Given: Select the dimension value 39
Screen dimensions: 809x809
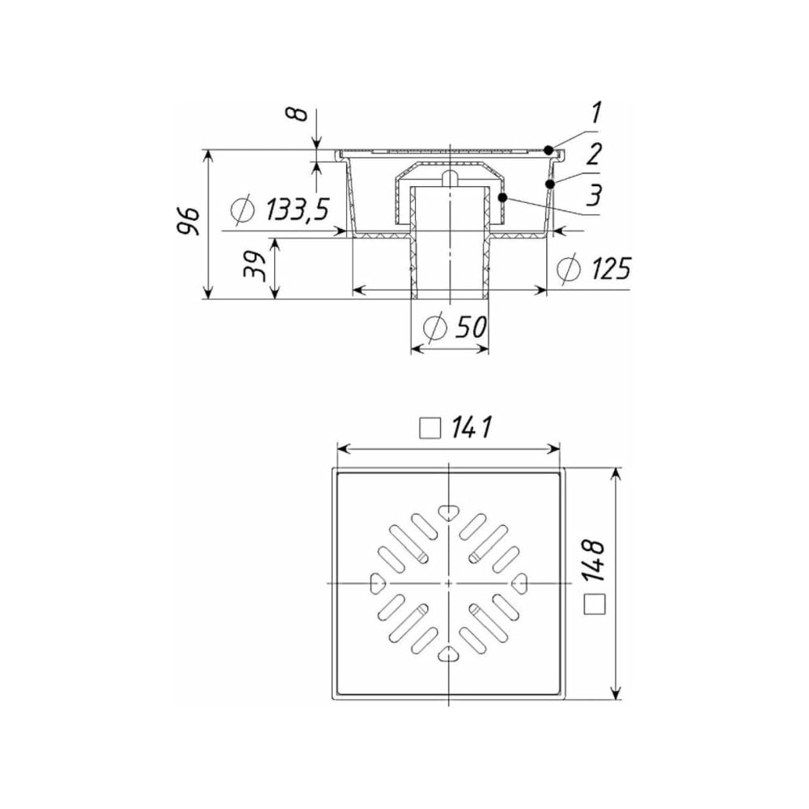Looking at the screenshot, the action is tap(255, 266).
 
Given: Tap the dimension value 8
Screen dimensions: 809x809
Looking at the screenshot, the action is tap(299, 113).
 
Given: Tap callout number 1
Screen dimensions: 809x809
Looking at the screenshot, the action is tap(596, 112).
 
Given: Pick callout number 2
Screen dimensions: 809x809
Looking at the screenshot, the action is tap(594, 153).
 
